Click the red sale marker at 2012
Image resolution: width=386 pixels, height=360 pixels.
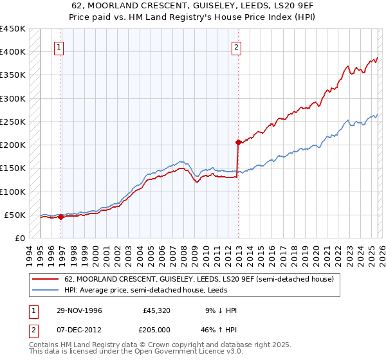[x=238, y=142]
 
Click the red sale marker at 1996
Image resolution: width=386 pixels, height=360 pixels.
[x=61, y=217]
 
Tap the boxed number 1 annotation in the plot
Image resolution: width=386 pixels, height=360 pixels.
[x=59, y=47]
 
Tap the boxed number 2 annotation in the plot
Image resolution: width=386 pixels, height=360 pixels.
[x=236, y=47]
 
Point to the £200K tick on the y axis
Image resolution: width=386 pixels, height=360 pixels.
[x=12, y=145]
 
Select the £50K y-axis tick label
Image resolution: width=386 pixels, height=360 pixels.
[x=14, y=215]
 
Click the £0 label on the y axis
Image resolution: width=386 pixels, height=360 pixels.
[x=19, y=239]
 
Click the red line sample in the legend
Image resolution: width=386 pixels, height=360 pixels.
[x=46, y=280]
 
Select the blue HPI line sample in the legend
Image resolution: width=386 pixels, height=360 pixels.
[x=46, y=290]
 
